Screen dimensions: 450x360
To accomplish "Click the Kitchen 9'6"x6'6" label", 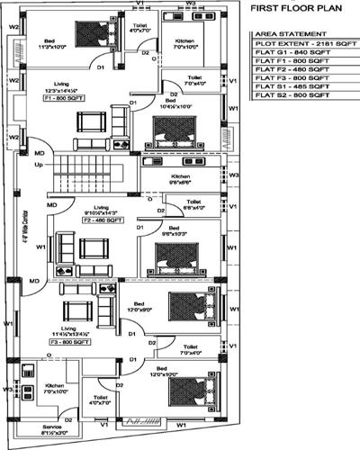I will (181, 179).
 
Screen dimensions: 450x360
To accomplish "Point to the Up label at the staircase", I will (38, 166).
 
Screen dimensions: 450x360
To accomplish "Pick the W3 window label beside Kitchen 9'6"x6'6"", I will (233, 175).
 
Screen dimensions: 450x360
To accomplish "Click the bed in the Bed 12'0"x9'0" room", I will (192, 303).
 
